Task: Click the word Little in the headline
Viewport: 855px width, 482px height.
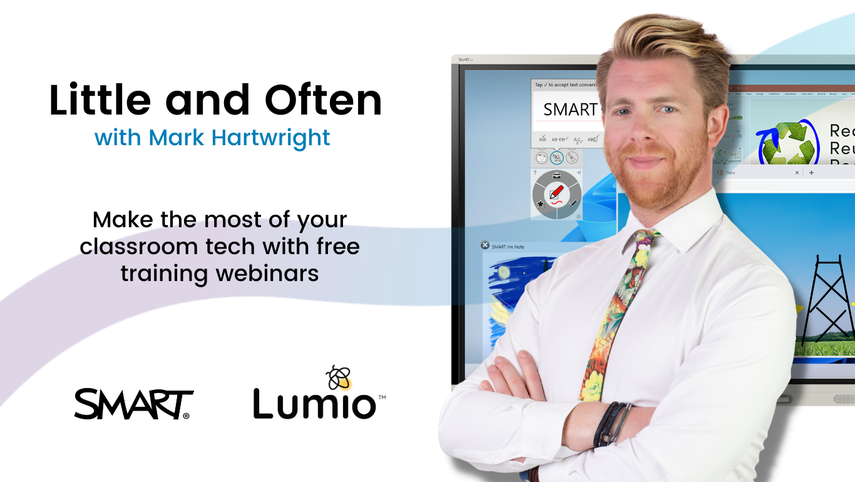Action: pos(100,100)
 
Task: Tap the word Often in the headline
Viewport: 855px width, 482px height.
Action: pos(323,100)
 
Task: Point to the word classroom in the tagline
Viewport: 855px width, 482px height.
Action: pos(139,246)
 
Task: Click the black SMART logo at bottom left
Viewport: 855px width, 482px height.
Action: pos(134,404)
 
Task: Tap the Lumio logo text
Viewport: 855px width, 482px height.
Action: pos(314,404)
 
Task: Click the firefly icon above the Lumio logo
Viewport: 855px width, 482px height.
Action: pos(339,377)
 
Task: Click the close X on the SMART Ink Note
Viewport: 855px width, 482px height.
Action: pos(484,245)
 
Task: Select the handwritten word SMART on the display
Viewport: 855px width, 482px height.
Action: pos(570,110)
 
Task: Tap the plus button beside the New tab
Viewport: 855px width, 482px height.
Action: pos(812,172)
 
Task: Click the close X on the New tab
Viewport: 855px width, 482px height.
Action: pos(797,172)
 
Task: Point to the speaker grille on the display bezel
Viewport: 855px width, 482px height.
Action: pos(843,399)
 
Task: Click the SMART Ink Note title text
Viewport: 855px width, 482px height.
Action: pos(508,247)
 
